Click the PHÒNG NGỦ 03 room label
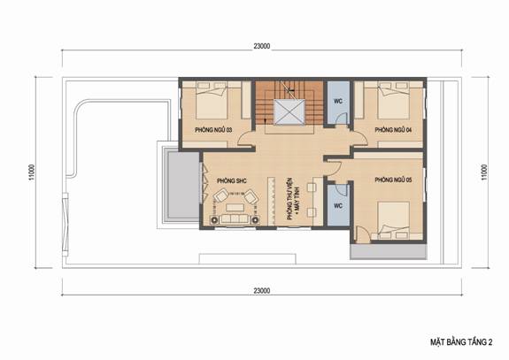[x=213, y=130]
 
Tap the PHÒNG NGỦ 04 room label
[x=393, y=130]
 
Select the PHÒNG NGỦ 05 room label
[x=393, y=180]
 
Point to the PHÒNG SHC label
[x=232, y=180]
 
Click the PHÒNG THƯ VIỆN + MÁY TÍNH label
[x=294, y=199]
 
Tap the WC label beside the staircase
[x=338, y=101]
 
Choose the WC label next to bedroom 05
[x=338, y=206]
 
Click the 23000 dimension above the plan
[x=262, y=46]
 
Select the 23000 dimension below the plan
[x=262, y=291]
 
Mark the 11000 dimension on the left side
[x=32, y=172]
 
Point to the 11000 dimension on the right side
[x=484, y=172]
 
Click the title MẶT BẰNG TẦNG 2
[x=461, y=342]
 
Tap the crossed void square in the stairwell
[x=289, y=112]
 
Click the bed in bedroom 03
[x=211, y=100]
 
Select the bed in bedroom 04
[x=393, y=100]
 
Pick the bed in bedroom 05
[x=393, y=220]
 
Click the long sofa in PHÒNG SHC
[x=235, y=219]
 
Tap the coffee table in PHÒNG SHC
[x=235, y=208]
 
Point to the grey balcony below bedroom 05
[x=389, y=251]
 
